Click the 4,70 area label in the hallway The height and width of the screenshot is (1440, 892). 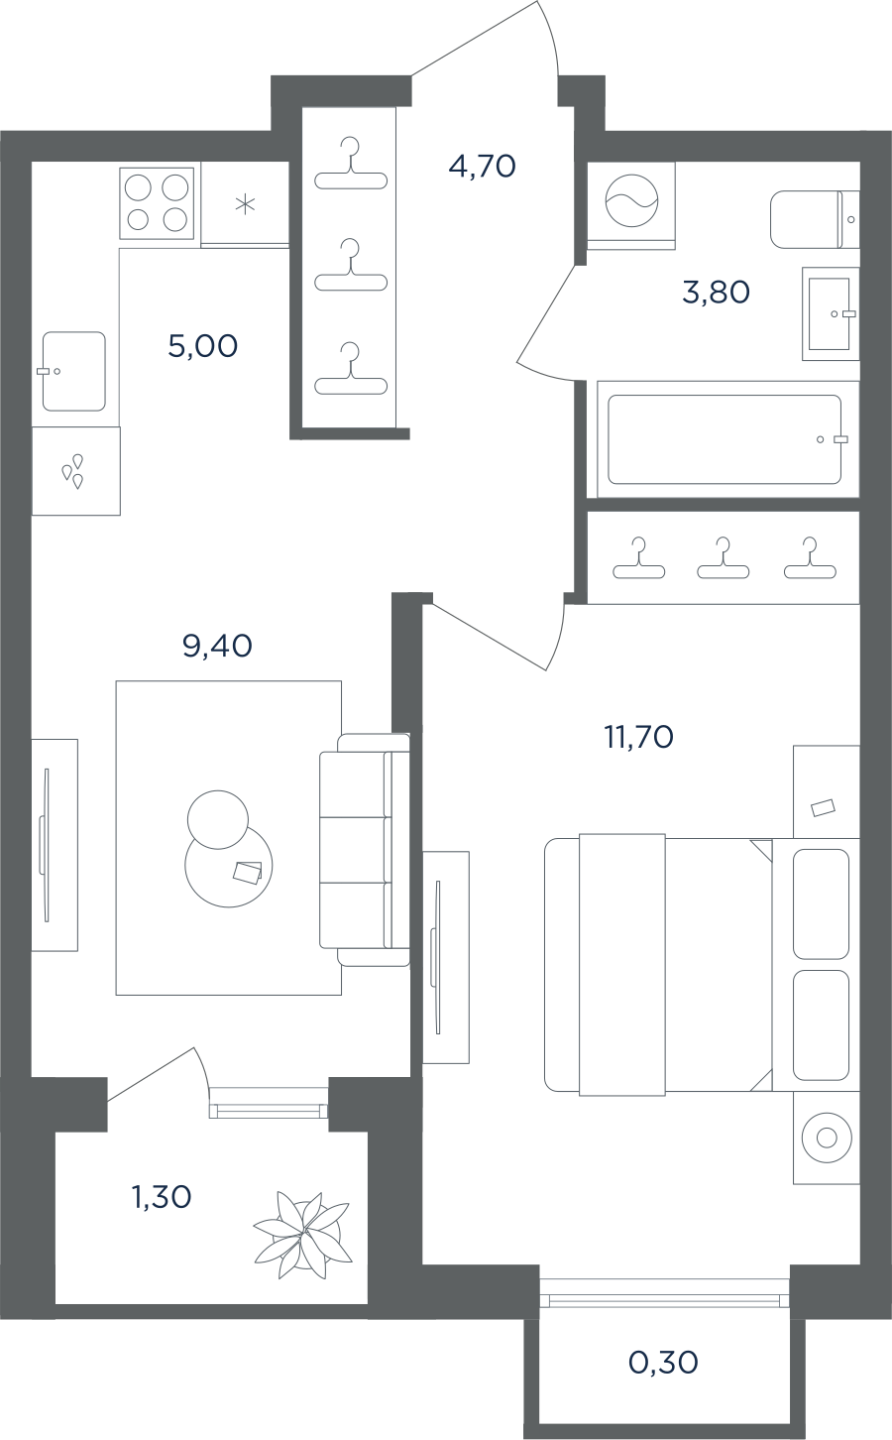(482, 167)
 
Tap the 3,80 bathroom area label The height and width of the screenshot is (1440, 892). (716, 293)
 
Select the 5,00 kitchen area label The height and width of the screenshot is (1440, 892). (202, 346)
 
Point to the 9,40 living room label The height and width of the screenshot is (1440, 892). (217, 646)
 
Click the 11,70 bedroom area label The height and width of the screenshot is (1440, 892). (639, 737)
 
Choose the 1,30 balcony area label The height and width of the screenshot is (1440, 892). (162, 1197)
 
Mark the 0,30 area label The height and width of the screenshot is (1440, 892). (663, 1363)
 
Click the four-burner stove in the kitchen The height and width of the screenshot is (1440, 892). (157, 203)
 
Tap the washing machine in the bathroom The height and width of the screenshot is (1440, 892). (631, 203)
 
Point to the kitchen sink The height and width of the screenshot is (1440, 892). (74, 371)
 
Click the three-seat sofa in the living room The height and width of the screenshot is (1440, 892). (365, 850)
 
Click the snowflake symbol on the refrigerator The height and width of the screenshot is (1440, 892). (245, 205)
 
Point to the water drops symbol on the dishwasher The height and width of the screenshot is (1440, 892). (72, 470)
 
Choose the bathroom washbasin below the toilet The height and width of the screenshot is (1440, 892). (831, 313)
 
